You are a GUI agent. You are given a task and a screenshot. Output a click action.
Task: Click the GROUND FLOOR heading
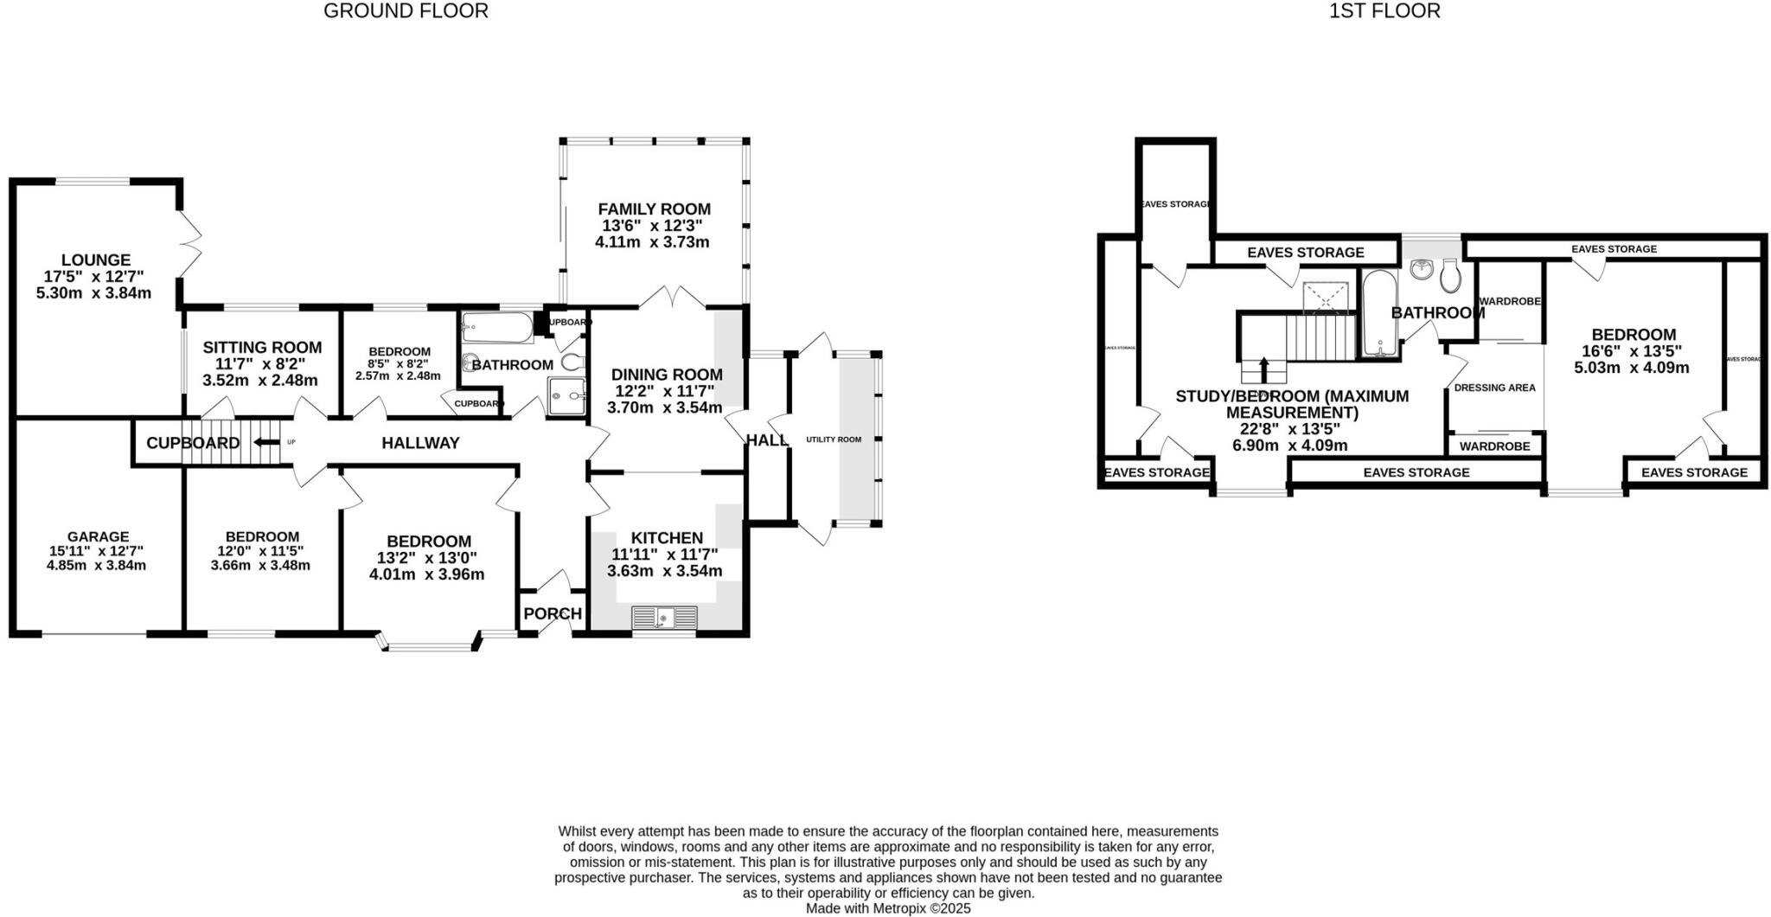[x=406, y=11]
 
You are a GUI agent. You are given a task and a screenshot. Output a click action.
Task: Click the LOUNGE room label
[x=96, y=260]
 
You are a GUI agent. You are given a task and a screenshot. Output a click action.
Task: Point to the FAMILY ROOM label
[x=654, y=209]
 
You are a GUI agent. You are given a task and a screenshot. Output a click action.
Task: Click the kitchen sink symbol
[x=663, y=618]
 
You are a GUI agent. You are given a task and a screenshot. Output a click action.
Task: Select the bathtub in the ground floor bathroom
[x=497, y=328]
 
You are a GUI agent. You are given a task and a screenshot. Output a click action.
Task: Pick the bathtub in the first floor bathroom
[x=1378, y=313]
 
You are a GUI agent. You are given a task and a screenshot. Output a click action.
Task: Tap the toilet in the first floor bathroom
[x=1451, y=276]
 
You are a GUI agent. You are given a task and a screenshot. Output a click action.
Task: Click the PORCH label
[x=553, y=614]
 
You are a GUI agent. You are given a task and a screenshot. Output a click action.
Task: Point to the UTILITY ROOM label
[x=834, y=439]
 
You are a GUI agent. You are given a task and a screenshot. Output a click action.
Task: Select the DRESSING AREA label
[x=1494, y=388]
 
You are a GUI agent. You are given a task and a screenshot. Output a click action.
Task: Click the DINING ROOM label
[x=667, y=375]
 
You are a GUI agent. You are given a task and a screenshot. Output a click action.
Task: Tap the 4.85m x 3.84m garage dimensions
[x=96, y=566]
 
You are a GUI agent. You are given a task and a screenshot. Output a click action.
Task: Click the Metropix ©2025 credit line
[x=888, y=908]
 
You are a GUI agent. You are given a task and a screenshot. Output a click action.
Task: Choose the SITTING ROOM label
[x=262, y=348]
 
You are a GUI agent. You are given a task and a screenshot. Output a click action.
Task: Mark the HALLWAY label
[x=420, y=443]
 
